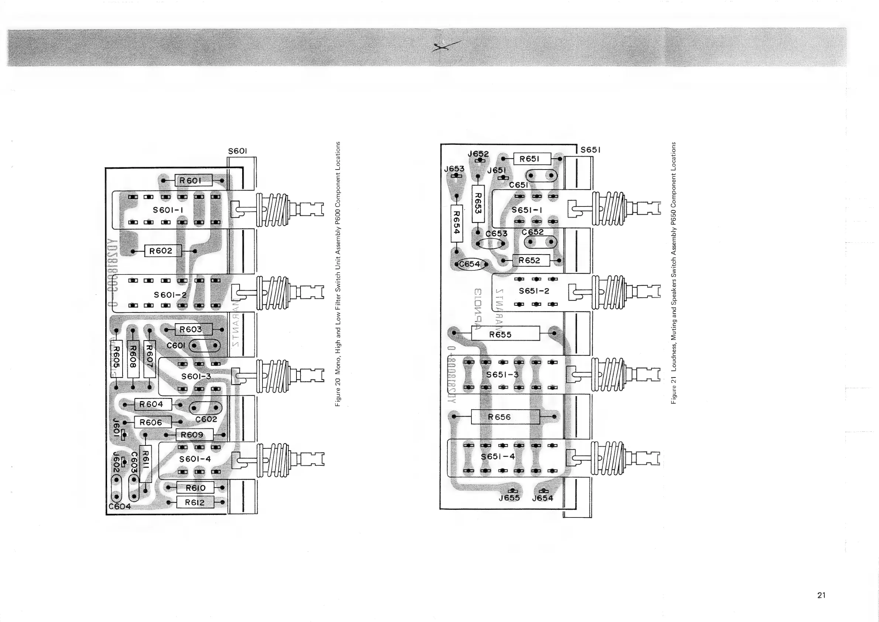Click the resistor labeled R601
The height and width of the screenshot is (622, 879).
pyautogui.click(x=193, y=180)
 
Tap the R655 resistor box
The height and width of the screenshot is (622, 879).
pyautogui.click(x=505, y=334)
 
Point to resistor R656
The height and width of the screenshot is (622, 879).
pyautogui.click(x=505, y=417)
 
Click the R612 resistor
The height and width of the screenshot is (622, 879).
pyautogui.click(x=195, y=502)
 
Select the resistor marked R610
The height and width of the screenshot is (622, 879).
pyautogui.click(x=195, y=488)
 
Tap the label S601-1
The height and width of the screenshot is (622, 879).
pyautogui.click(x=168, y=210)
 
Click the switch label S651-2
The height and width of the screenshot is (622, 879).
pyautogui.click(x=534, y=291)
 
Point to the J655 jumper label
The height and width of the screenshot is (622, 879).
pyautogui.click(x=509, y=498)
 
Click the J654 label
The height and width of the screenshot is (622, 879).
pyautogui.click(x=542, y=498)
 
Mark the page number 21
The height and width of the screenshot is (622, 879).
pyautogui.click(x=821, y=595)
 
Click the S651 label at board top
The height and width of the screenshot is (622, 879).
pyautogui.click(x=590, y=150)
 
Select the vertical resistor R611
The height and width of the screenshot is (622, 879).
pyautogui.click(x=145, y=464)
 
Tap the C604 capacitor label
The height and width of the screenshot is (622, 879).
pyautogui.click(x=120, y=507)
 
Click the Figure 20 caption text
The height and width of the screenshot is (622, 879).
pyautogui.click(x=338, y=274)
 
